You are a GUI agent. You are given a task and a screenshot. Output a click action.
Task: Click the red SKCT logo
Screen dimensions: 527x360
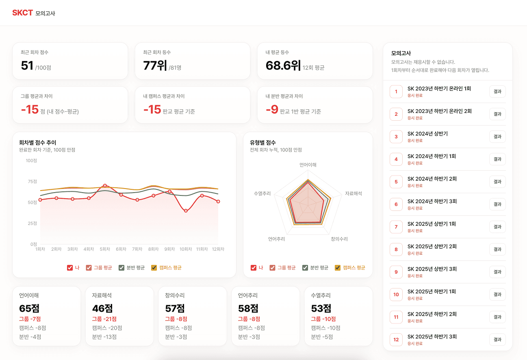22,13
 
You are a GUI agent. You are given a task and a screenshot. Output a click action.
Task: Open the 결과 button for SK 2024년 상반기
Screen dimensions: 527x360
497,137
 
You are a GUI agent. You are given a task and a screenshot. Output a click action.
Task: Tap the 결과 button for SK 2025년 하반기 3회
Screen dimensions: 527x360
497,340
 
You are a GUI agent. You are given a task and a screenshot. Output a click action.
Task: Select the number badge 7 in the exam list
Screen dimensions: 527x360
396,227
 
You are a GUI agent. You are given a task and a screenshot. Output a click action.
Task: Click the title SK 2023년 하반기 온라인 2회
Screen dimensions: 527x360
440,111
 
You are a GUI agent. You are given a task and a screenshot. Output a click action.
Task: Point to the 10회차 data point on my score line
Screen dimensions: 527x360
186,211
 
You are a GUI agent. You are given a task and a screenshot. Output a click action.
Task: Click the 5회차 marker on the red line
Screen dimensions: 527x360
105,186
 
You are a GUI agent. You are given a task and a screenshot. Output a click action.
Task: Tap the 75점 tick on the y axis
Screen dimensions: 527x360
33,181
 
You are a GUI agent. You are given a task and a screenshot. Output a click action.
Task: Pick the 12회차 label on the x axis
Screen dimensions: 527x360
218,249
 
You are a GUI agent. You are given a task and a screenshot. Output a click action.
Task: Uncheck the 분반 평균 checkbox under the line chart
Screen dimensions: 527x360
121,268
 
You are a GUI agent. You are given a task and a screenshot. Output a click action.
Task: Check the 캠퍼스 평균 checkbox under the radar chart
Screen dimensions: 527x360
338,268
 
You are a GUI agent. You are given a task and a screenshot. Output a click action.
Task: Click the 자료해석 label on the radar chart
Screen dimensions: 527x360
354,193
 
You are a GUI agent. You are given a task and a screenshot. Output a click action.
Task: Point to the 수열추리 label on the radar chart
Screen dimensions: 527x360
262,193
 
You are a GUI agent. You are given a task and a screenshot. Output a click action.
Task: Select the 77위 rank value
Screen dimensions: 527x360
155,65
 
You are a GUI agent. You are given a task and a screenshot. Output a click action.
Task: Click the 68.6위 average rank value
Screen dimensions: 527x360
283,65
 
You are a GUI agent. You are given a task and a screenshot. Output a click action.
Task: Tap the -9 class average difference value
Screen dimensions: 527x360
272,109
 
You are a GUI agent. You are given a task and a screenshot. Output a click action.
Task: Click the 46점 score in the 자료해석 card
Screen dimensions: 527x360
102,308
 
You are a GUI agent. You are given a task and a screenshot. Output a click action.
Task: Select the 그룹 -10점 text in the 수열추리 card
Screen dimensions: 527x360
323,319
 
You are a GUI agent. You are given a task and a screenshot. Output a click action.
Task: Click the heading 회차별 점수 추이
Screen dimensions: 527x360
38,143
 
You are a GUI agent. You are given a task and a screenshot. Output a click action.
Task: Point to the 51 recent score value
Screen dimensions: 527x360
27,65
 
